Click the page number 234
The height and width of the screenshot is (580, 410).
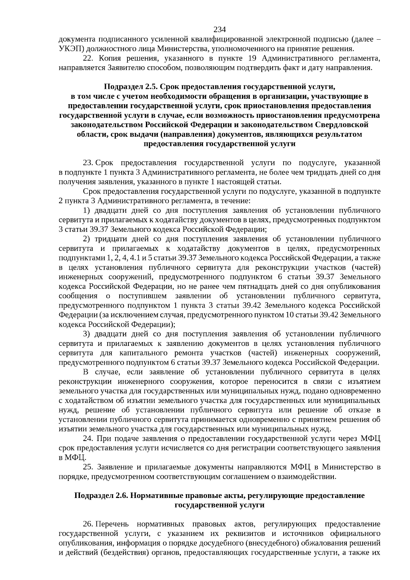(x=220, y=29)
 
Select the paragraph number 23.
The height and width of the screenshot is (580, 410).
(x=88, y=163)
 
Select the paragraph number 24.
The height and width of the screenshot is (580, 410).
(x=88, y=439)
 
